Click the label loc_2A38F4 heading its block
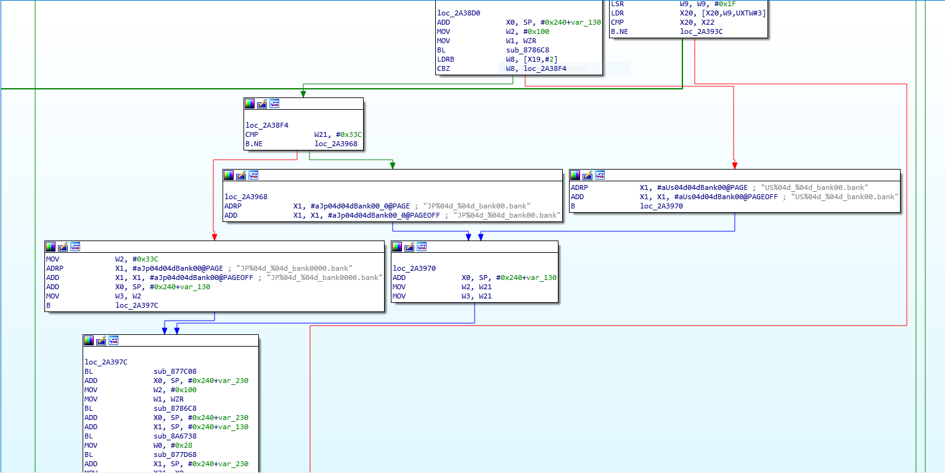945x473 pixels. (267, 125)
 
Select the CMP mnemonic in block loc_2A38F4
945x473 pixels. (252, 134)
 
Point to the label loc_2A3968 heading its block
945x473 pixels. (246, 197)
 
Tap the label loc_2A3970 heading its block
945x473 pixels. (414, 268)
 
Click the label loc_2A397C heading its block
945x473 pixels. (106, 362)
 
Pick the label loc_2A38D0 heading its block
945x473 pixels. (459, 13)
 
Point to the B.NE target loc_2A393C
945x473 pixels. (701, 31)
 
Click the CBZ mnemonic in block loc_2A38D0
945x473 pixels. (443, 69)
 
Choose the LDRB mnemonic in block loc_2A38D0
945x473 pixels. (446, 59)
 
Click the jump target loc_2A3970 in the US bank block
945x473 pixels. (661, 207)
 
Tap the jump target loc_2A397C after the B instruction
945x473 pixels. (137, 305)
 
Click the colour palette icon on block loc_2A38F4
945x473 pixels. (250, 104)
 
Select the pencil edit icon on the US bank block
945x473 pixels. (587, 175)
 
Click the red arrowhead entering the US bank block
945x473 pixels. (734, 165)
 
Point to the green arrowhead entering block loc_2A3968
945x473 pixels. (393, 165)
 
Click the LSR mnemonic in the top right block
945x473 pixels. (617, 4)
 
